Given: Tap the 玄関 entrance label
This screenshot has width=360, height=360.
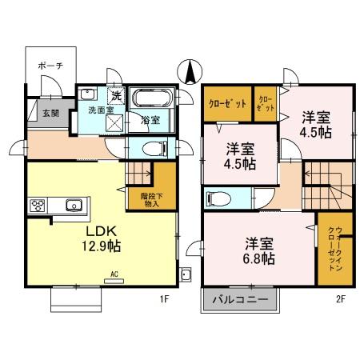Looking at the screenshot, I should point(49,113).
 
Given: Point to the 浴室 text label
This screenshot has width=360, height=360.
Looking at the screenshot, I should point(150,121).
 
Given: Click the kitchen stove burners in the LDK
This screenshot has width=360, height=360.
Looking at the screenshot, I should point(38,205).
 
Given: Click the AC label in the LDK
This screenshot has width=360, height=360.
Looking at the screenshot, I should point(114,274).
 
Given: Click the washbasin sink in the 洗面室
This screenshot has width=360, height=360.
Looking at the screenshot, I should point(89,94).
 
